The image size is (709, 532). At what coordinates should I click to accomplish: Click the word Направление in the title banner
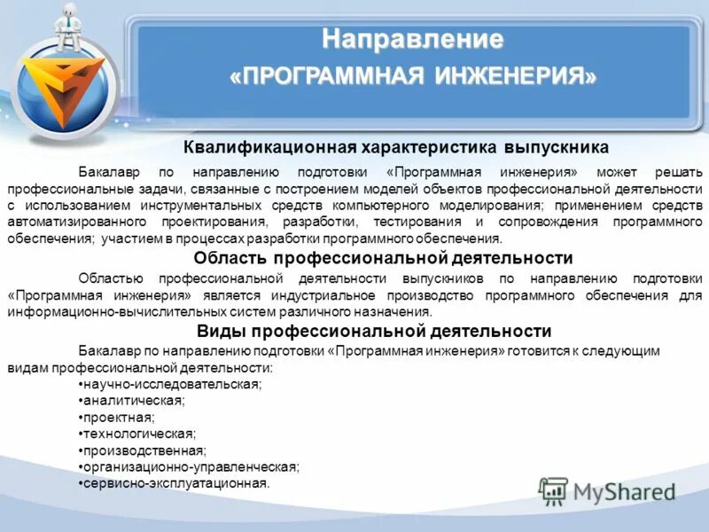pyautogui.click(x=412, y=40)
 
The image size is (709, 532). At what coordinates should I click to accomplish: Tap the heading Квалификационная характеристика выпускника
pyautogui.click(x=396, y=147)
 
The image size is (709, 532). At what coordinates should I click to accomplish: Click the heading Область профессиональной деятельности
pyautogui.click(x=383, y=258)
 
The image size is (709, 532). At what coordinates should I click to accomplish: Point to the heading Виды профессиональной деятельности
pyautogui.click(x=374, y=331)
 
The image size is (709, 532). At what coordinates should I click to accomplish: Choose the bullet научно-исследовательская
pyautogui.click(x=171, y=384)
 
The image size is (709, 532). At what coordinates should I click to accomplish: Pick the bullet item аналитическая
pyautogui.click(x=132, y=401)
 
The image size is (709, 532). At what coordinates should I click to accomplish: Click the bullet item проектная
pyautogui.click(x=117, y=417)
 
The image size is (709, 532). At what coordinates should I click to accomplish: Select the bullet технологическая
pyautogui.click(x=138, y=434)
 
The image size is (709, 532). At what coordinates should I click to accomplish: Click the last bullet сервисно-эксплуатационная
pyautogui.click(x=174, y=483)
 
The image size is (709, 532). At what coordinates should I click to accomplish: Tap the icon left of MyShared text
pyautogui.click(x=553, y=491)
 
